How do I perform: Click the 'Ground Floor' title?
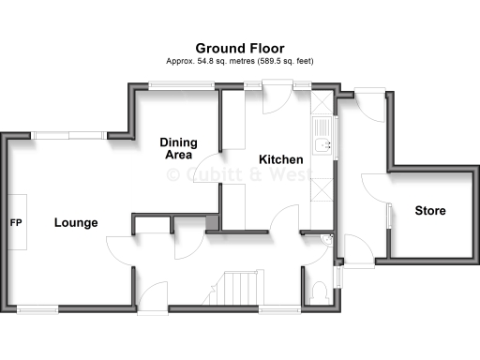(240, 47)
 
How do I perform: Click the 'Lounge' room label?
(76, 222)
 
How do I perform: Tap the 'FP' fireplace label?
(16, 223)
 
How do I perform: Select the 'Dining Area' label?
(180, 148)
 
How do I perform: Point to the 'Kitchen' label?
(281, 159)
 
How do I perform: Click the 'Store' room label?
(430, 211)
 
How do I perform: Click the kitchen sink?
(324, 143)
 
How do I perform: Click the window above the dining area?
(181, 86)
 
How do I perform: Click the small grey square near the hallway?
(212, 222)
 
